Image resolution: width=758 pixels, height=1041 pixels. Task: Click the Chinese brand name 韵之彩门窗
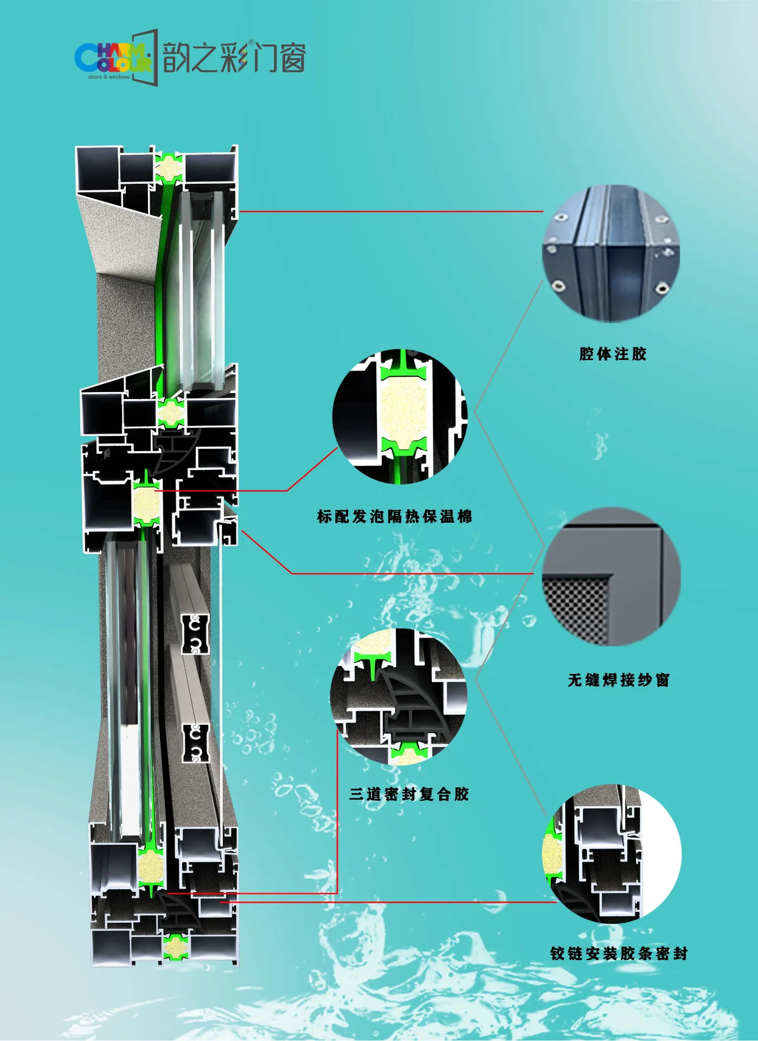[234, 57]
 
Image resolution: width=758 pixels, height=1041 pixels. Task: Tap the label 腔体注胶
[613, 354]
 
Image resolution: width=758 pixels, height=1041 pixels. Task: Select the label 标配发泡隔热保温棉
[395, 516]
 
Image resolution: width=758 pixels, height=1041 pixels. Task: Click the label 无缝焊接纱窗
[619, 680]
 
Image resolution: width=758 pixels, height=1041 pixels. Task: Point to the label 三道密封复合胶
[409, 794]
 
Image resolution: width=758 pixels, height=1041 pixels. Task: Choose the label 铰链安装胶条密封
[619, 953]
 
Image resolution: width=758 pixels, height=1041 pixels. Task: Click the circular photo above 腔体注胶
[611, 254]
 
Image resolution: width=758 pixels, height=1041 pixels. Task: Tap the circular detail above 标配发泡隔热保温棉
[400, 416]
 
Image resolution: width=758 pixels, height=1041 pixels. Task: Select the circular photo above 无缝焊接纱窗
[611, 576]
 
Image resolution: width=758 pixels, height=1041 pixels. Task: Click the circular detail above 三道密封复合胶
[399, 697]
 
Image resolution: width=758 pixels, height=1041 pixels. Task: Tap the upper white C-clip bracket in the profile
[195, 634]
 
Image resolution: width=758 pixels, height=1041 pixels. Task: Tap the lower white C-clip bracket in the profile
[195, 743]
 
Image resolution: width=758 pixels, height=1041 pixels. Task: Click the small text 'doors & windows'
[109, 77]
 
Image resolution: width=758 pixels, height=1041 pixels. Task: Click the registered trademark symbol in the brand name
[250, 43]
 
